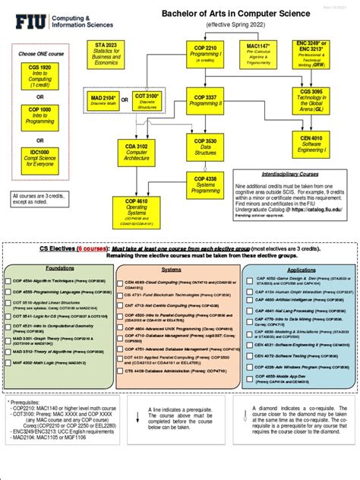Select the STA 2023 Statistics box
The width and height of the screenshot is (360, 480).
pos(107,55)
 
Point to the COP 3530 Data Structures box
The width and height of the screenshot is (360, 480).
pos(205,147)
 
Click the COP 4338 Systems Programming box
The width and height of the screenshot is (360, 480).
pos(205,184)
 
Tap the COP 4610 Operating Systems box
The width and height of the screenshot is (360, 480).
pos(137,211)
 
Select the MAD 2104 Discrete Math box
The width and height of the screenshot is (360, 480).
pos(103,102)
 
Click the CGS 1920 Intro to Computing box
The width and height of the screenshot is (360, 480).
pos(40,77)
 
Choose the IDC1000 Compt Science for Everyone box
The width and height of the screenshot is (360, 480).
pos(40,162)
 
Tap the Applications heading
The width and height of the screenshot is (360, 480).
pos(302,270)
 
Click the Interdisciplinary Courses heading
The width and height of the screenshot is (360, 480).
pos(289,173)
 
